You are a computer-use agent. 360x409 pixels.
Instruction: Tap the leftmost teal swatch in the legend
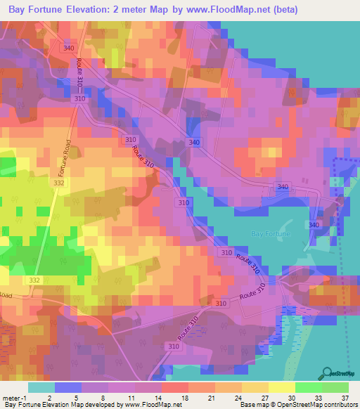(x=41, y=387)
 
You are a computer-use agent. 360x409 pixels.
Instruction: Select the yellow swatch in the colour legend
(x=281, y=387)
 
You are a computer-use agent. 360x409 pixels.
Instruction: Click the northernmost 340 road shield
(x=68, y=48)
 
